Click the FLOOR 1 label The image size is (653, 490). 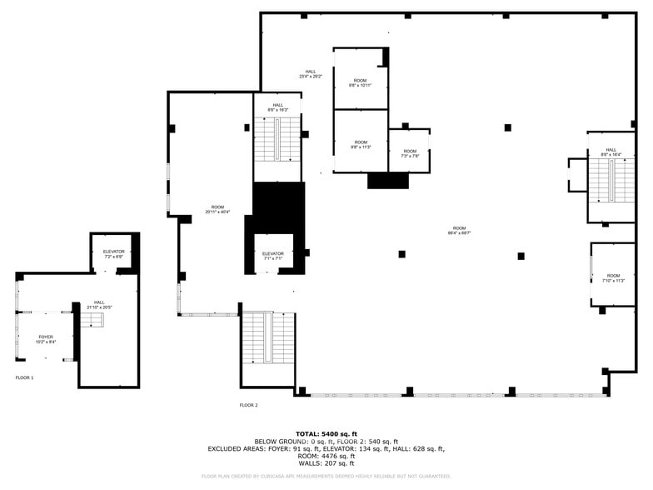pyautogui.click(x=25, y=377)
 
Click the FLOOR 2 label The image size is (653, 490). pyautogui.click(x=249, y=405)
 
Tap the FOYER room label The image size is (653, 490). pyautogui.click(x=45, y=338)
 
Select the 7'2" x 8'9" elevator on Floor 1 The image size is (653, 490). pyautogui.click(x=114, y=253)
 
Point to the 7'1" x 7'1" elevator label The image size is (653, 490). pyautogui.click(x=273, y=256)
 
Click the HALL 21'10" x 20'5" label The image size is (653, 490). pyautogui.click(x=99, y=305)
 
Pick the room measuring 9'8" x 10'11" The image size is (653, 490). pyautogui.click(x=360, y=82)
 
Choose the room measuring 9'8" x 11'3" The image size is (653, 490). pyautogui.click(x=360, y=144)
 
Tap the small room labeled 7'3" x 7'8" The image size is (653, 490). pyautogui.click(x=410, y=153)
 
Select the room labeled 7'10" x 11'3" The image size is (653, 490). pyautogui.click(x=613, y=277)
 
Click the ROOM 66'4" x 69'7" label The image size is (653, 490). pyautogui.click(x=459, y=230)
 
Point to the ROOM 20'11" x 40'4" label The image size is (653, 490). pyautogui.click(x=217, y=209)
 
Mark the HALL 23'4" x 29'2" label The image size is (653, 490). pyautogui.click(x=311, y=73)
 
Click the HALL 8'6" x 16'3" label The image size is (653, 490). pyautogui.click(x=277, y=107)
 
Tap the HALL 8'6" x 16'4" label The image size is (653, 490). pyautogui.click(x=611, y=152)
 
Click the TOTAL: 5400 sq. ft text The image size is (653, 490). pyautogui.click(x=326, y=434)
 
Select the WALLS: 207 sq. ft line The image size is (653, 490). pyautogui.click(x=326, y=462)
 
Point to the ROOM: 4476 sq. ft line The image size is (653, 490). pyautogui.click(x=326, y=456)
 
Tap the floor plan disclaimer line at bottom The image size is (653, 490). pyautogui.click(x=326, y=477)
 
